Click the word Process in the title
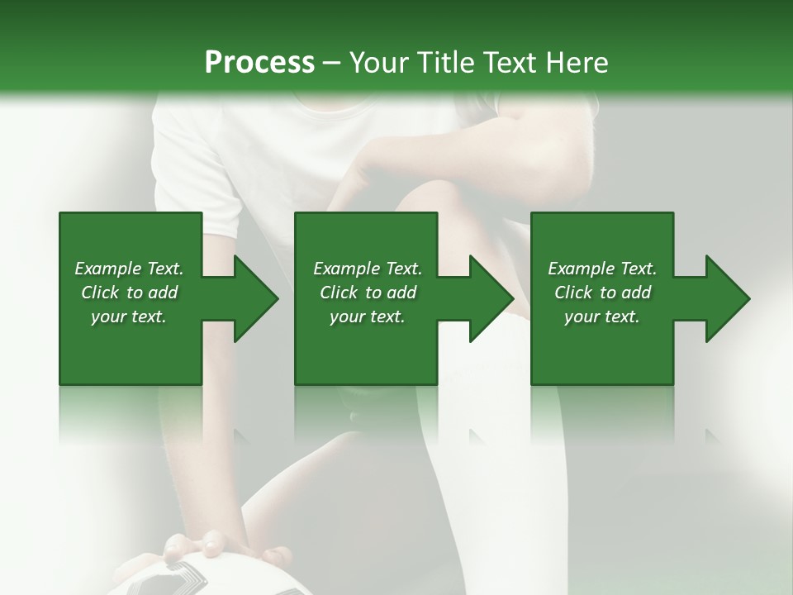[x=259, y=63]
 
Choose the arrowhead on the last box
[x=728, y=298]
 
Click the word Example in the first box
[x=108, y=269]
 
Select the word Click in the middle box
[x=337, y=293]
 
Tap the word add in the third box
[x=637, y=293]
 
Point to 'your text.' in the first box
[x=129, y=317]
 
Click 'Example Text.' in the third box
[x=602, y=269]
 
